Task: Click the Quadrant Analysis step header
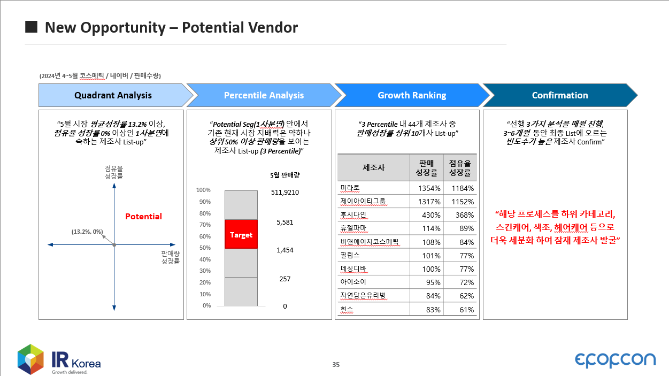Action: pyautogui.click(x=113, y=95)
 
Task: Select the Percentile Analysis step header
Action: pyautogui.click(x=264, y=95)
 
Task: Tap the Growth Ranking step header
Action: pyautogui.click(x=412, y=95)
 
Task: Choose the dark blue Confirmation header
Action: pyautogui.click(x=560, y=95)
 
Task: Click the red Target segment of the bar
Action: pyautogui.click(x=241, y=234)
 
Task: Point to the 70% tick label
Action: pyautogui.click(x=205, y=225)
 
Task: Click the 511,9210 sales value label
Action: pyautogui.click(x=285, y=193)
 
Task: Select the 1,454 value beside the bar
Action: pyautogui.click(x=285, y=250)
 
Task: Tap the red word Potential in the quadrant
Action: pyautogui.click(x=143, y=217)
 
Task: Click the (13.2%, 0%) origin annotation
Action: pyautogui.click(x=87, y=232)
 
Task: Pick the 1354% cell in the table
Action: pyautogui.click(x=429, y=188)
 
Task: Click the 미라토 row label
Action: pyautogui.click(x=350, y=188)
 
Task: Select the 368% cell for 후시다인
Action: pyautogui.click(x=465, y=215)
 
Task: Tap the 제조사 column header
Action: pyautogui.click(x=374, y=167)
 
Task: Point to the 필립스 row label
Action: pyautogui.click(x=350, y=255)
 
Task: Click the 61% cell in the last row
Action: pyautogui.click(x=466, y=310)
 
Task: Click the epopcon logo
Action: pyautogui.click(x=615, y=360)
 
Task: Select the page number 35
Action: pyautogui.click(x=336, y=365)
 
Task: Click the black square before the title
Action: pyautogui.click(x=32, y=27)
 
